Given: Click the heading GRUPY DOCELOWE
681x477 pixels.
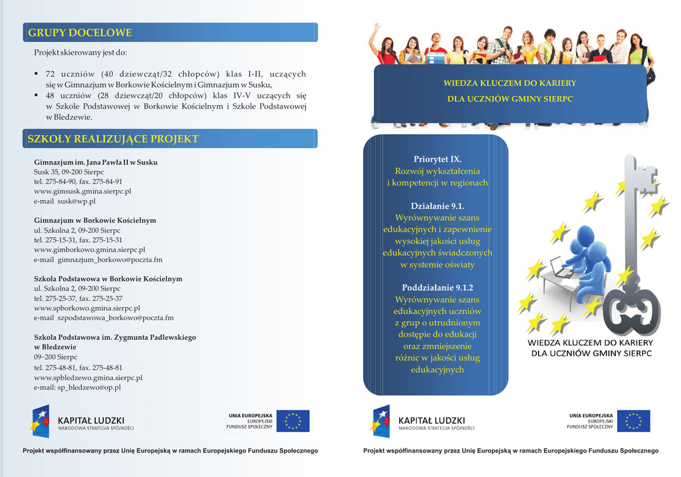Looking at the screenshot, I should tap(80, 33).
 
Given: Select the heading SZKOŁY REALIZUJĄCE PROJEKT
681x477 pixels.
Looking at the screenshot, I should tap(113, 139).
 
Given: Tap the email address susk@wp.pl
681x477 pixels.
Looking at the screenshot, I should tap(76, 201).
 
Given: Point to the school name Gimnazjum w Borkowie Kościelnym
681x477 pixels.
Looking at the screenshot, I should tap(95, 220).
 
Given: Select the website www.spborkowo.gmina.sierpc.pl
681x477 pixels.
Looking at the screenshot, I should tap(87, 308).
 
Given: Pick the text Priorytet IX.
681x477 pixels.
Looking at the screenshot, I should tap(437, 160).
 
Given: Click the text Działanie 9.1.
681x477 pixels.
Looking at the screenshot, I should tap(437, 206).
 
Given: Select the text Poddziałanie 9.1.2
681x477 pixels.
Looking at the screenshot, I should tap(437, 288).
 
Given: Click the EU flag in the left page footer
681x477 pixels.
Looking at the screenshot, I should tap(293, 420).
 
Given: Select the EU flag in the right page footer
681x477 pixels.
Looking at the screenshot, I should tap(633, 420).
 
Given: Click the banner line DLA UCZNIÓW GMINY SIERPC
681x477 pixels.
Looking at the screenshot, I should tap(509, 99).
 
